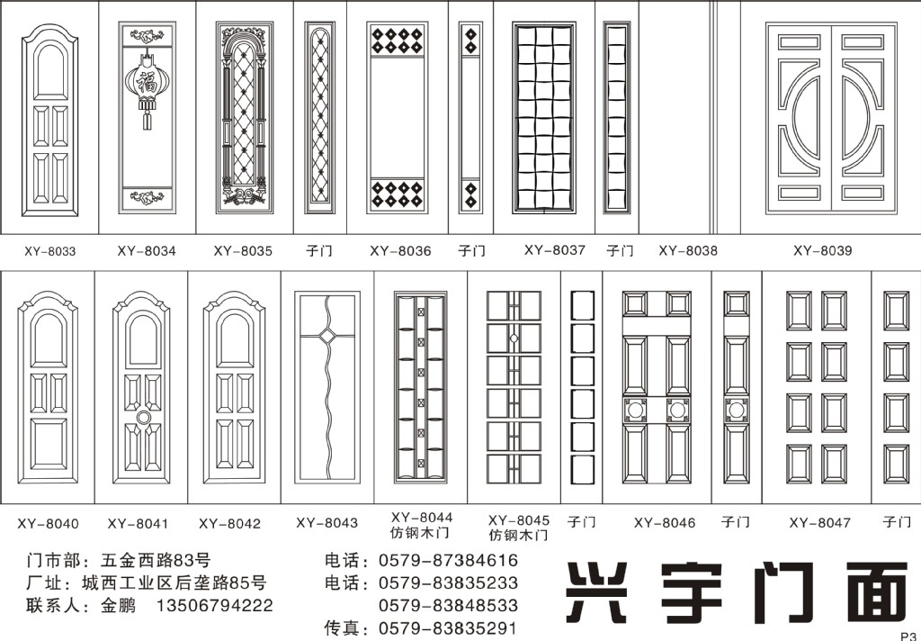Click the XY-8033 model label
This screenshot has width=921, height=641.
[50, 251]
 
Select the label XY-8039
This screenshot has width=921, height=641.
[822, 250]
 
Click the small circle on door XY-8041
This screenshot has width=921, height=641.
[143, 418]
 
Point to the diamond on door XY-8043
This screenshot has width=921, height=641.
[327, 337]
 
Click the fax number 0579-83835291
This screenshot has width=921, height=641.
[448, 628]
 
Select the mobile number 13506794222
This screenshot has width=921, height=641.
[214, 605]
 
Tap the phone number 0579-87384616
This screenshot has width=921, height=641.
[448, 560]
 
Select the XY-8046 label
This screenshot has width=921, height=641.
[665, 523]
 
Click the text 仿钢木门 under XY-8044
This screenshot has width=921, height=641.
[420, 533]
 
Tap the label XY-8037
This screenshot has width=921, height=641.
[554, 250]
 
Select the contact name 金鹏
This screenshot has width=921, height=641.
[118, 605]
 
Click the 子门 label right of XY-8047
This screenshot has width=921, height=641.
[897, 521]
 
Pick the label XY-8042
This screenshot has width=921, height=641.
[229, 523]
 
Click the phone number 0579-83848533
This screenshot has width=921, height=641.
[448, 605]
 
